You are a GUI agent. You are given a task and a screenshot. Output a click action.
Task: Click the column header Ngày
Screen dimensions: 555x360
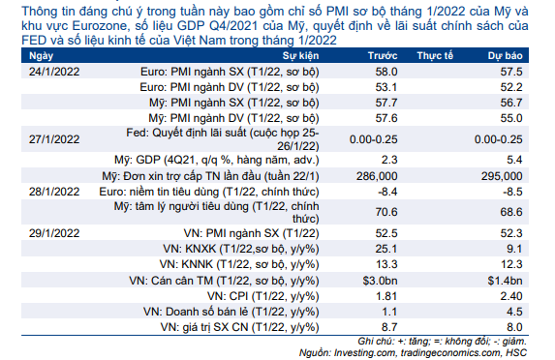pyautogui.click(x=41, y=56)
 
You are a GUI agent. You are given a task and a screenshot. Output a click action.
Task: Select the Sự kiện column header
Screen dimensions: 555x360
pyautogui.click(x=300, y=56)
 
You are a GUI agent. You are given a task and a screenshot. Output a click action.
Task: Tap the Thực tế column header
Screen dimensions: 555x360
pyautogui.click(x=435, y=56)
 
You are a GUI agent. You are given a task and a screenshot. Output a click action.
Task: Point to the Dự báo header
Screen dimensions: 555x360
pyautogui.click(x=505, y=56)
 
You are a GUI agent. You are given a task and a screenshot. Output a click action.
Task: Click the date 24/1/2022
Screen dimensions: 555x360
pyautogui.click(x=54, y=72)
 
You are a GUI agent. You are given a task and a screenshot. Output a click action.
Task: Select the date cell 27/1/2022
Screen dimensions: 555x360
pyautogui.click(x=54, y=139)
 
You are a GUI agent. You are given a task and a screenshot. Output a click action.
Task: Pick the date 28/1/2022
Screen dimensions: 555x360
pyautogui.click(x=54, y=192)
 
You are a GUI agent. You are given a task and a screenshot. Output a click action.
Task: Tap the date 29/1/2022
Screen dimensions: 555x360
pyautogui.click(x=54, y=233)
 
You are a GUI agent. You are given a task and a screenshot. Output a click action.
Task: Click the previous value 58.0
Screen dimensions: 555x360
pyautogui.click(x=386, y=72)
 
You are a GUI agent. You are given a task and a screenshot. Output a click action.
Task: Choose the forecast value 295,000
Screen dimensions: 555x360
pyautogui.click(x=502, y=176)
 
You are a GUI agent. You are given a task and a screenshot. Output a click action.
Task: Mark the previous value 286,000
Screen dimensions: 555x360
pyautogui.click(x=377, y=176)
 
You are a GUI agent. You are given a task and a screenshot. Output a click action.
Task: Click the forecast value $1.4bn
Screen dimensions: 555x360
pyautogui.click(x=505, y=281)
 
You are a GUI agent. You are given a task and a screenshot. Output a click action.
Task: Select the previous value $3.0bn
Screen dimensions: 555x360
pyautogui.click(x=380, y=281)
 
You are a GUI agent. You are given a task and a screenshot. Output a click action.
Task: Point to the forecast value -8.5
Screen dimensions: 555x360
pyautogui.click(x=512, y=192)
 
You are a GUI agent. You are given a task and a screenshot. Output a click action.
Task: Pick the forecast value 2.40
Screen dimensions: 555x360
pyautogui.click(x=511, y=296)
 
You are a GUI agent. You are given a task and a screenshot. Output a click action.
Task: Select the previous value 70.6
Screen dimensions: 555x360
pyautogui.click(x=386, y=212)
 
